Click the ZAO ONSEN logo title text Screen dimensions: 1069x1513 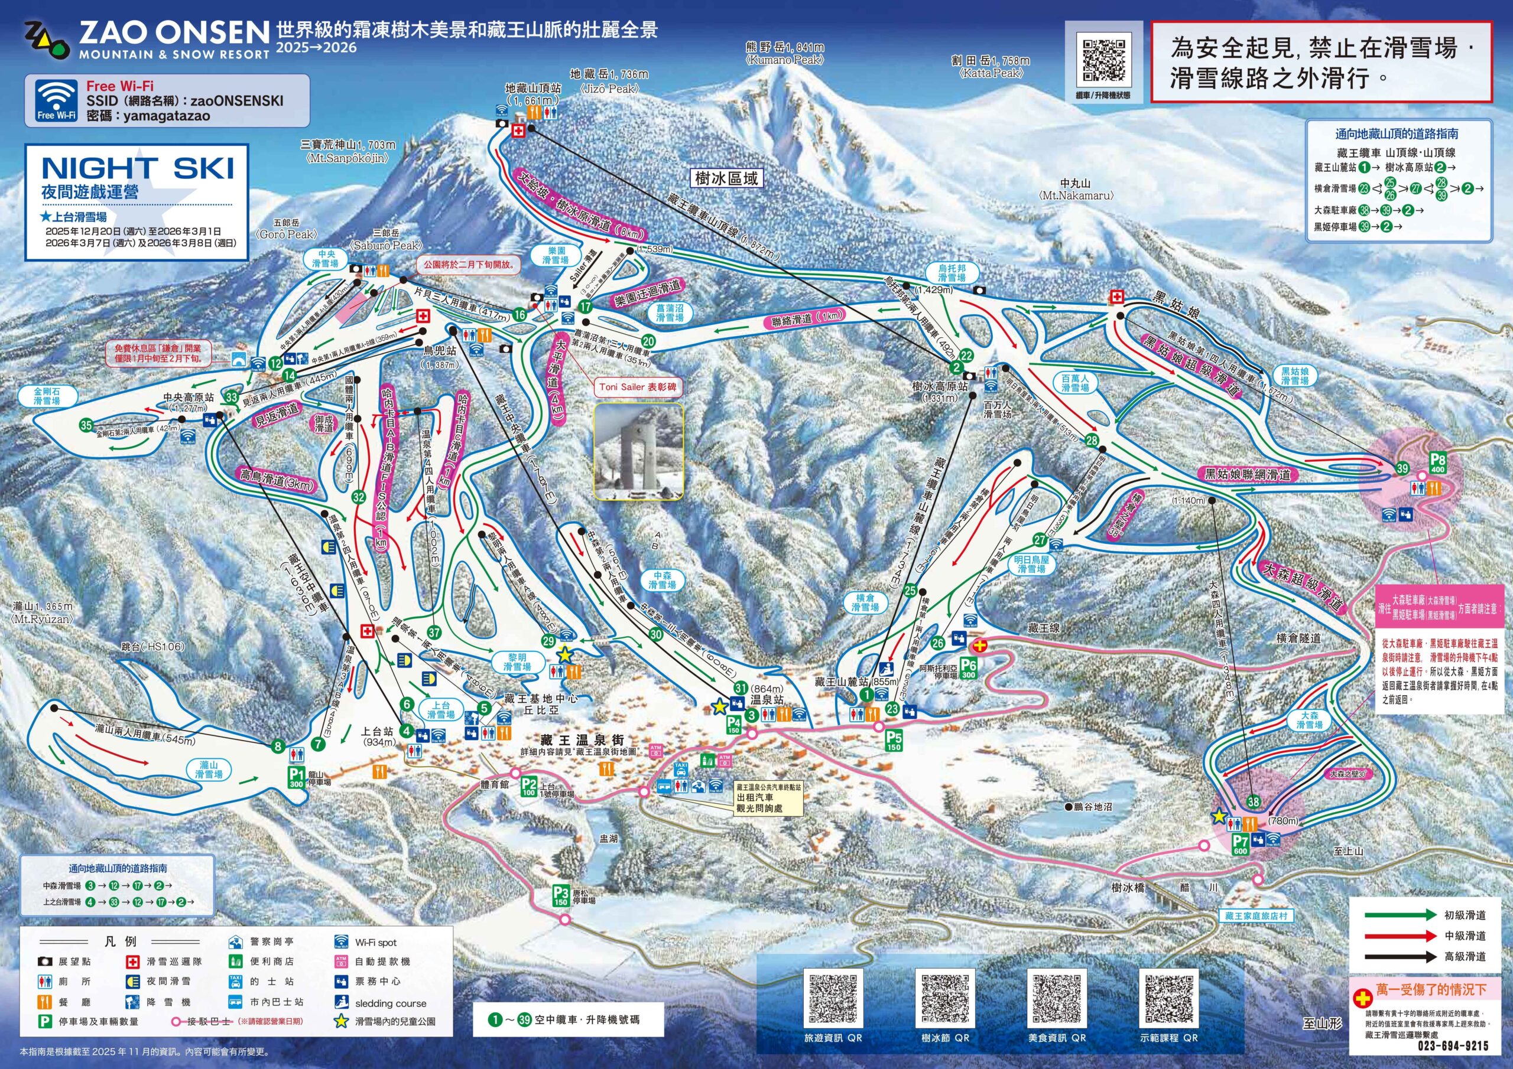point(174,32)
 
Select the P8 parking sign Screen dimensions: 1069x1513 point(1437,463)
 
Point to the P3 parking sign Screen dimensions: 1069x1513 point(561,896)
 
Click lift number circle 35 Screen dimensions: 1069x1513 point(86,425)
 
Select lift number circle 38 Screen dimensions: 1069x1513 point(1254,802)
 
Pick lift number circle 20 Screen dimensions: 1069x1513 point(648,341)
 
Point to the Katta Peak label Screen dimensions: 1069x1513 point(991,67)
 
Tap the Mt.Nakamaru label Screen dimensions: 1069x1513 point(1076,190)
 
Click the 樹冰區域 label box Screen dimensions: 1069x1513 point(726,178)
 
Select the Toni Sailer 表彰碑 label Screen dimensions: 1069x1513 point(637,387)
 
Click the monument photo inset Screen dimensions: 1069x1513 point(638,451)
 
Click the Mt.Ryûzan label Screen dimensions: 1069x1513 point(42,613)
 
